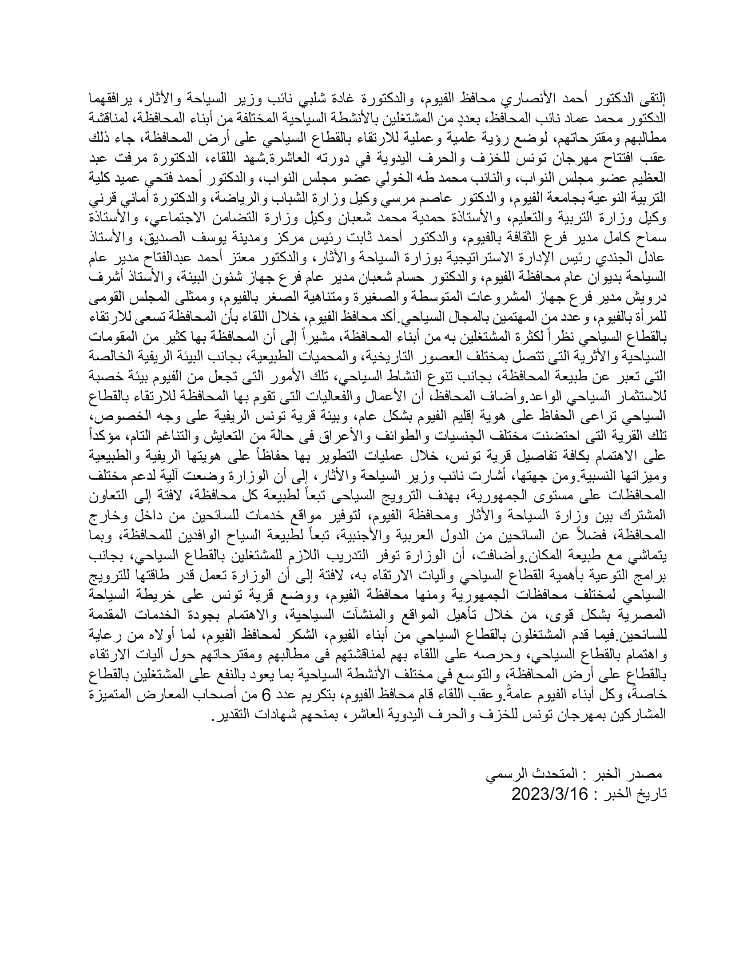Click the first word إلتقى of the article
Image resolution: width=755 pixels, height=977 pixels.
654,98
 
